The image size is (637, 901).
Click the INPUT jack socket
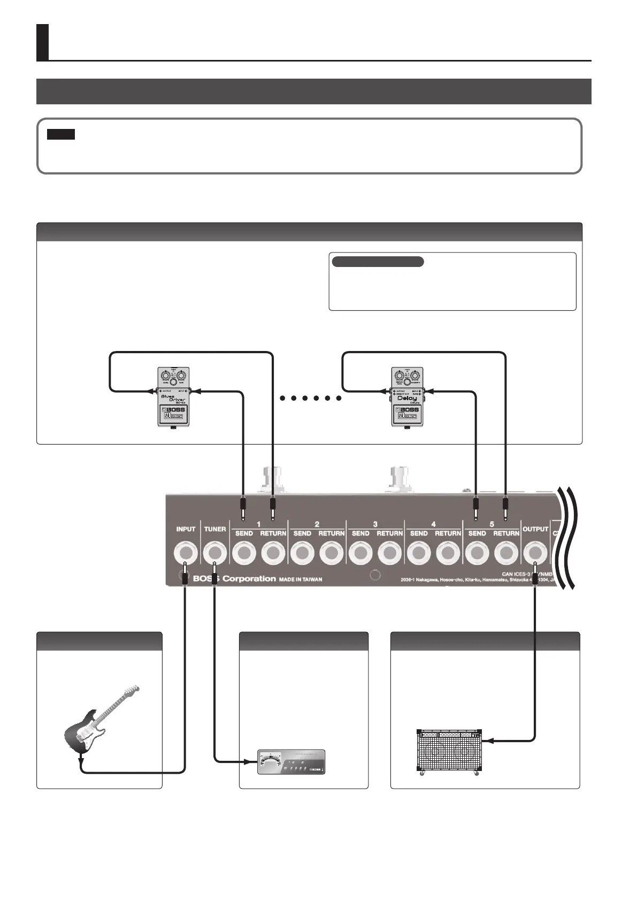pos(185,551)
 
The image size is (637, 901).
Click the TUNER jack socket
pos(214,551)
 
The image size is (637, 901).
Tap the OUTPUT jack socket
pos(535,551)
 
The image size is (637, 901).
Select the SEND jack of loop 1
pos(244,551)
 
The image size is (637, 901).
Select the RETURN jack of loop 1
pos(273,551)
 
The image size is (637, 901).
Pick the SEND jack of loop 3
pos(360,551)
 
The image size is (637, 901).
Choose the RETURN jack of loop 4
pos(448,551)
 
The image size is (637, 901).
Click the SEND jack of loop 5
pos(477,551)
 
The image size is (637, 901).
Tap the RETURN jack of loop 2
pos(331,551)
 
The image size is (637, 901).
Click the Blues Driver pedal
pos(173,396)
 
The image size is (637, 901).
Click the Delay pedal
pos(407,396)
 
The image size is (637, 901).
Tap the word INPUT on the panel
pos(186,529)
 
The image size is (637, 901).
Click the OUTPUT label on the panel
pos(535,529)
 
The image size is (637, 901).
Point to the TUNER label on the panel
pos(215,529)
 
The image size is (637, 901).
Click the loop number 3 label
pos(375,524)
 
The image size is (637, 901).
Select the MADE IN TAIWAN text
pos(301,579)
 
